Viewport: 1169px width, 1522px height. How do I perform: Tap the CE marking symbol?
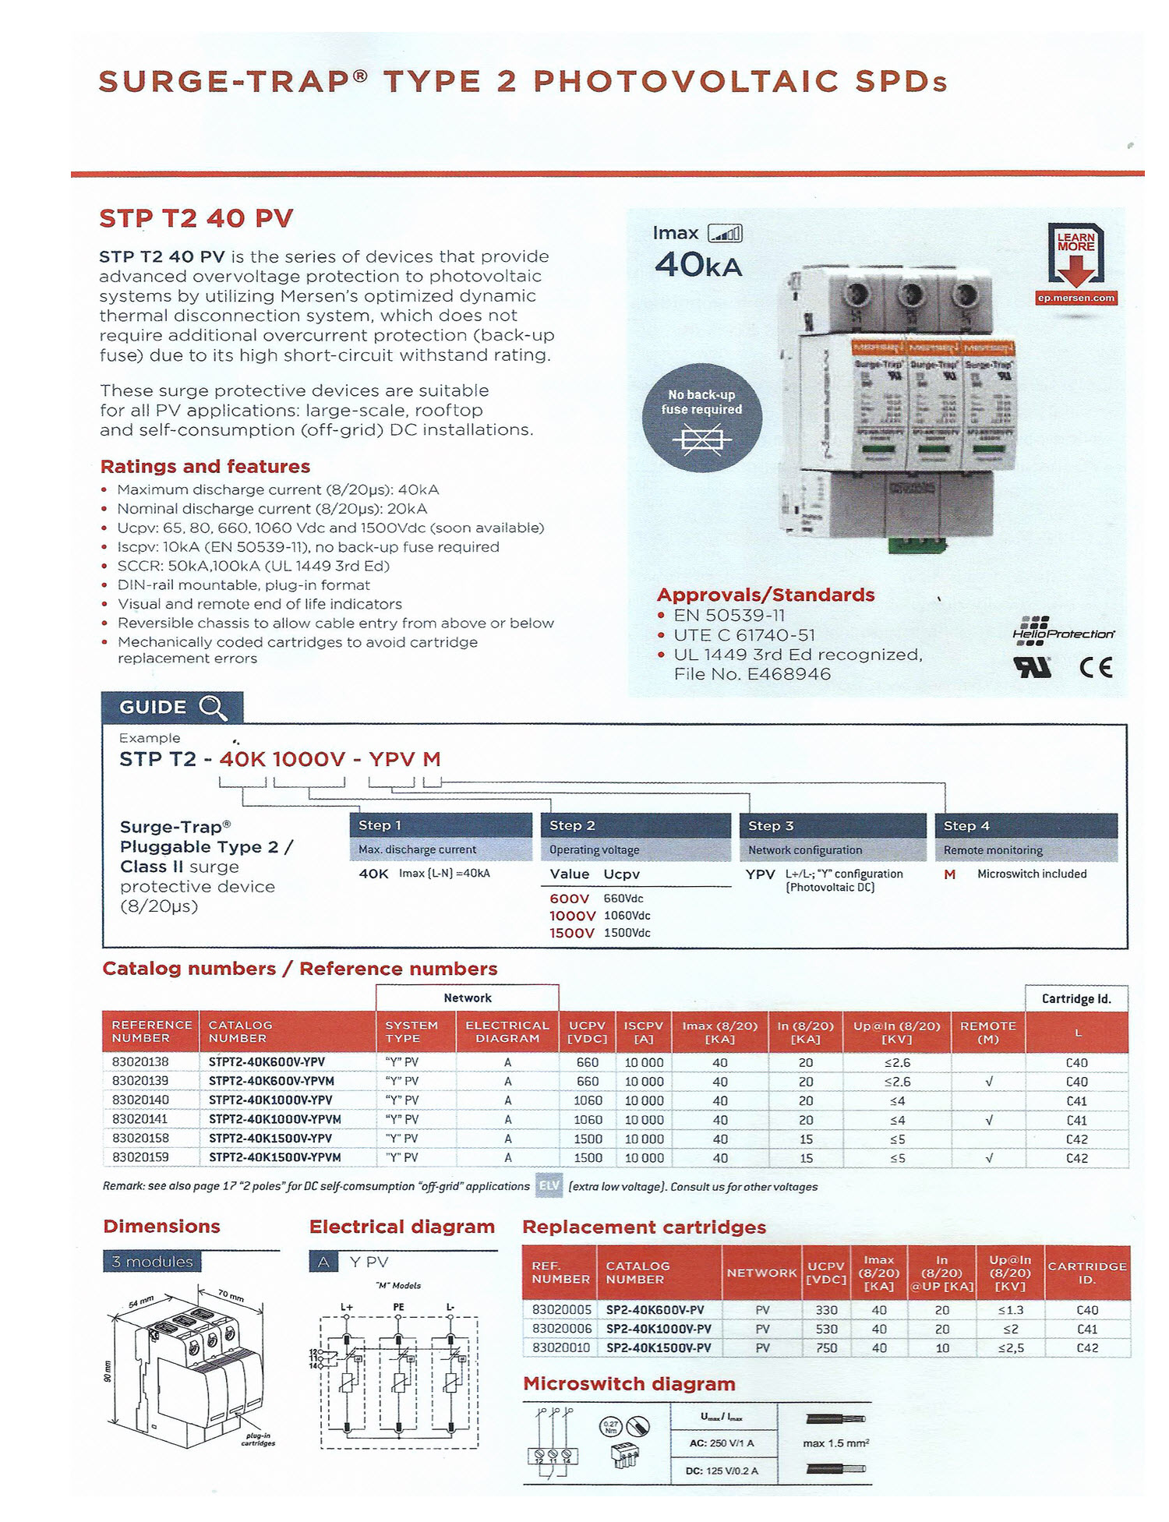(1096, 668)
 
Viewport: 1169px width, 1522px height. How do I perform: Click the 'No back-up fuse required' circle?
(701, 418)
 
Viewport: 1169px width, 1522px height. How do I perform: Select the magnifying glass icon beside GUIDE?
(212, 708)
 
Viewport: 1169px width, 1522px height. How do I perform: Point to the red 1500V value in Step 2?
(571, 933)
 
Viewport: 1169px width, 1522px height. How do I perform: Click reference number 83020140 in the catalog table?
(140, 1100)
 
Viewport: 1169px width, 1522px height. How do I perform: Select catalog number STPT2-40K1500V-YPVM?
(274, 1158)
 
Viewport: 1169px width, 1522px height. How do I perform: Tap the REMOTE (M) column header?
(987, 1032)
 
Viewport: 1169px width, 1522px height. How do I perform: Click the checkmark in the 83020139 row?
(988, 1082)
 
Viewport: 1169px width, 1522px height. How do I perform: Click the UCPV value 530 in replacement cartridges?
(826, 1329)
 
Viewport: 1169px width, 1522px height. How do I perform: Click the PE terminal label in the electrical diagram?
(398, 1307)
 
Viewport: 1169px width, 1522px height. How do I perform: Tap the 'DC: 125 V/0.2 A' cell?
(722, 1471)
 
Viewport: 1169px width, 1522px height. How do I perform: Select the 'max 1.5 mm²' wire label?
(835, 1443)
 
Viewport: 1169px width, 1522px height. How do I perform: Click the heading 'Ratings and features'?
(205, 467)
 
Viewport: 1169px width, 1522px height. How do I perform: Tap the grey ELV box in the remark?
(548, 1187)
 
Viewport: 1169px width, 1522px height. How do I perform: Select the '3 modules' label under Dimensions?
(152, 1262)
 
